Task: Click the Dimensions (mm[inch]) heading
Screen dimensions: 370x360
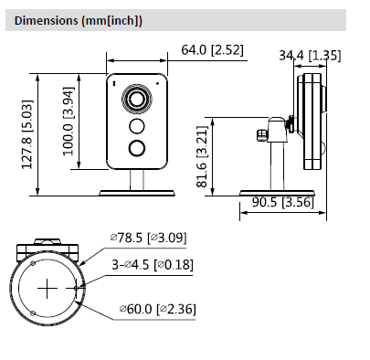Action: click(79, 21)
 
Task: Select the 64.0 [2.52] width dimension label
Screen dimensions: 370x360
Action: click(212, 49)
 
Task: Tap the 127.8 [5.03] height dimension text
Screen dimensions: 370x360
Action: click(26, 134)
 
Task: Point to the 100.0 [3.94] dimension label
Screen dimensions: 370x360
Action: click(69, 122)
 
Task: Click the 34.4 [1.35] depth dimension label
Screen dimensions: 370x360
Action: click(310, 56)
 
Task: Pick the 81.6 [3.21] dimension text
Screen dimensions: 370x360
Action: click(202, 156)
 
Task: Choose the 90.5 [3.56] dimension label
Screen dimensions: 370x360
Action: click(282, 202)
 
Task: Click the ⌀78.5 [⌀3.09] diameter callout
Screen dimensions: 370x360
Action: click(148, 238)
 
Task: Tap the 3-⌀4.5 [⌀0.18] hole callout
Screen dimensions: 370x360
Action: click(153, 264)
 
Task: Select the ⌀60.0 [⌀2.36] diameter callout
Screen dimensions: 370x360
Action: click(157, 309)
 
